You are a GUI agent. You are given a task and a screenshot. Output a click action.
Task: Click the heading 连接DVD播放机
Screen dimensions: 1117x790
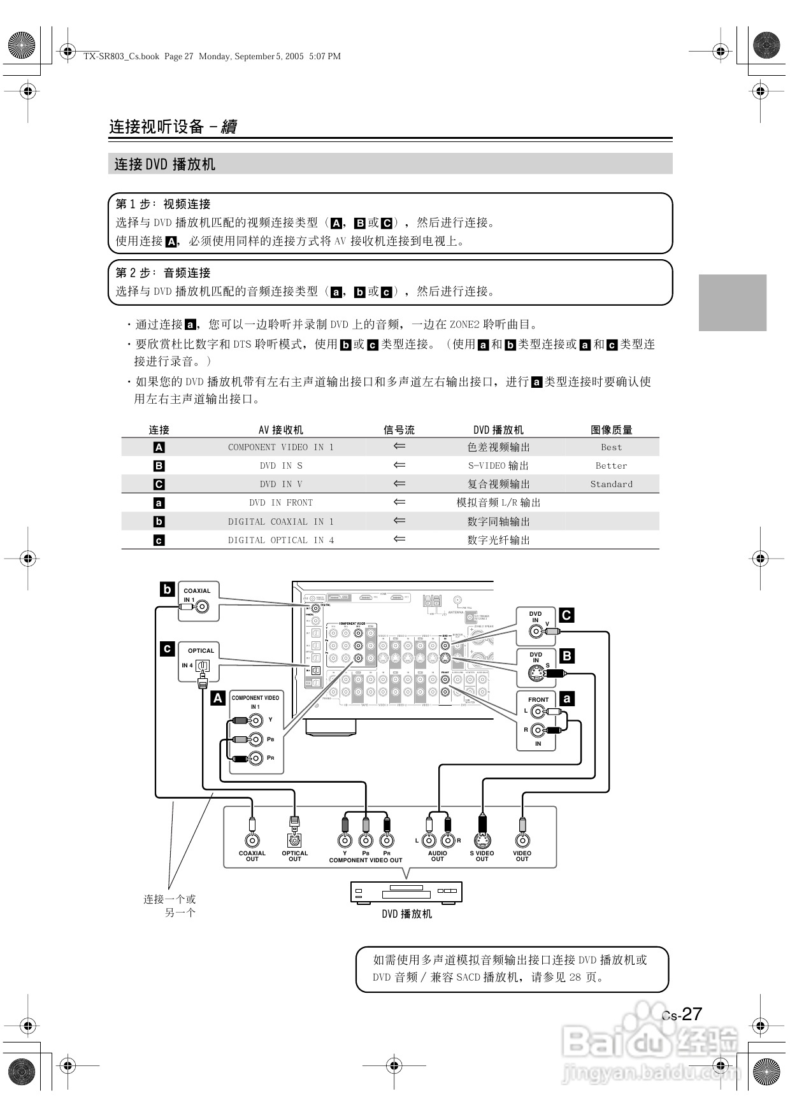point(165,164)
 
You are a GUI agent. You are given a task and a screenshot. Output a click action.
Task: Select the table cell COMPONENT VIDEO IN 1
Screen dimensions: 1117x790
point(280,447)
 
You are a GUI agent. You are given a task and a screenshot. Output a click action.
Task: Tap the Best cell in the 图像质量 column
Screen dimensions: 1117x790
point(611,447)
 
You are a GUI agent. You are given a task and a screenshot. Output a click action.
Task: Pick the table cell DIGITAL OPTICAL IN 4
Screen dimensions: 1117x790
point(280,540)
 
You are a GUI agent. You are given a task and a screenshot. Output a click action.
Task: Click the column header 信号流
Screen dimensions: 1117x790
point(399,430)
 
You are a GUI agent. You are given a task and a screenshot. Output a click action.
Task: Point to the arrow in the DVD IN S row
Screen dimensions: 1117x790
point(399,466)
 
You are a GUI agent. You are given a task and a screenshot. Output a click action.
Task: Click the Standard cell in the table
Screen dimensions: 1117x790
point(611,484)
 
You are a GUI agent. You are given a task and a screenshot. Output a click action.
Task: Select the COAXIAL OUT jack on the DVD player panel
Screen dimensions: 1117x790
point(252,841)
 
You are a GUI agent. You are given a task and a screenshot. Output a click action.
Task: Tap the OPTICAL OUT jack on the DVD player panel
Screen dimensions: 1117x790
point(294,841)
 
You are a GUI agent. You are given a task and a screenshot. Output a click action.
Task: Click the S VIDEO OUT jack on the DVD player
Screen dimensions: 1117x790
point(482,841)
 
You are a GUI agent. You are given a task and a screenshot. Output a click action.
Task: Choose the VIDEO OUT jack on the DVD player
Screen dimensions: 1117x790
point(522,841)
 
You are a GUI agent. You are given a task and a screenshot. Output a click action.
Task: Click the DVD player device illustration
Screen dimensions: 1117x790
point(406,892)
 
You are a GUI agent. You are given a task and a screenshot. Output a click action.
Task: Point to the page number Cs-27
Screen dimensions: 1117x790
point(682,1014)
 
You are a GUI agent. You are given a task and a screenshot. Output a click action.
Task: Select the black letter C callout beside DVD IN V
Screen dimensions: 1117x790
point(566,615)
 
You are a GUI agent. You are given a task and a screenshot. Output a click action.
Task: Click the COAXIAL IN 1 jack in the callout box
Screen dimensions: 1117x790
point(202,607)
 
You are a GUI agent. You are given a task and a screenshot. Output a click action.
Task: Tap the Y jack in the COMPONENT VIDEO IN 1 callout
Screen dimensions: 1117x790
point(256,721)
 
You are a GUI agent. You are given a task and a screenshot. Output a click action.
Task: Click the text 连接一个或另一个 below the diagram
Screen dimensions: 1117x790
point(170,906)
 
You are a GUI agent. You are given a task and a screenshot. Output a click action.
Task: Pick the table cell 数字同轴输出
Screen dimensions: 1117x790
point(498,522)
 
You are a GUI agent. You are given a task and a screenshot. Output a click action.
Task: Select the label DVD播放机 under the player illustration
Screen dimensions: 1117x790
point(406,914)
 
